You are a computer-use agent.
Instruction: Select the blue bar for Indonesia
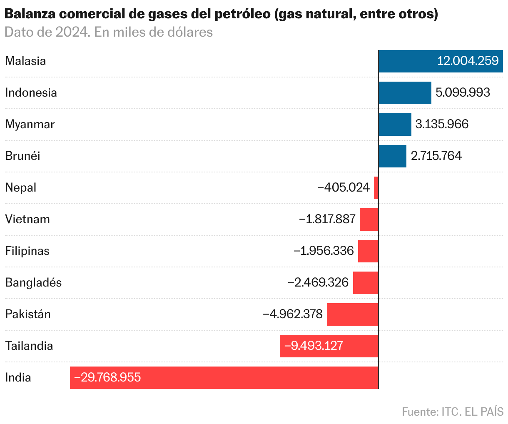click(x=405, y=93)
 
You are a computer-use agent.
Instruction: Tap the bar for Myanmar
click(x=395, y=125)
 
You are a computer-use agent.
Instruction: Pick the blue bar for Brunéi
click(x=392, y=156)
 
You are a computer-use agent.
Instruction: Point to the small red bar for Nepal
click(x=376, y=188)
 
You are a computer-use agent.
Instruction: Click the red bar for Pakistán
click(x=353, y=314)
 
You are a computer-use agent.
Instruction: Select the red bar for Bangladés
click(x=366, y=283)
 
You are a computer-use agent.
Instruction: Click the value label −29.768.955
click(x=107, y=378)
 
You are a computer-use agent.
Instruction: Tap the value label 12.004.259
click(x=468, y=61)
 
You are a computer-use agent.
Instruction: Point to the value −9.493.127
click(x=314, y=346)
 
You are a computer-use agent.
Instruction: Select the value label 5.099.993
click(x=463, y=93)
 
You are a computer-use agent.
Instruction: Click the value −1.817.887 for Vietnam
click(x=327, y=219)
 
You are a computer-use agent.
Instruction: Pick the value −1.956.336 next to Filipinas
click(x=324, y=251)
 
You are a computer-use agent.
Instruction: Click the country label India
click(x=18, y=378)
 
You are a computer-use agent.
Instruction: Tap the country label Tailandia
click(x=29, y=346)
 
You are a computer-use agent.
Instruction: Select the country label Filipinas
click(x=27, y=251)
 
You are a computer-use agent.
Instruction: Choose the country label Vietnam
click(x=27, y=219)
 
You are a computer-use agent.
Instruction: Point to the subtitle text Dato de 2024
click(x=46, y=32)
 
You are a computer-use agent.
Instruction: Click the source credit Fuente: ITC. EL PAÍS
click(x=453, y=412)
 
